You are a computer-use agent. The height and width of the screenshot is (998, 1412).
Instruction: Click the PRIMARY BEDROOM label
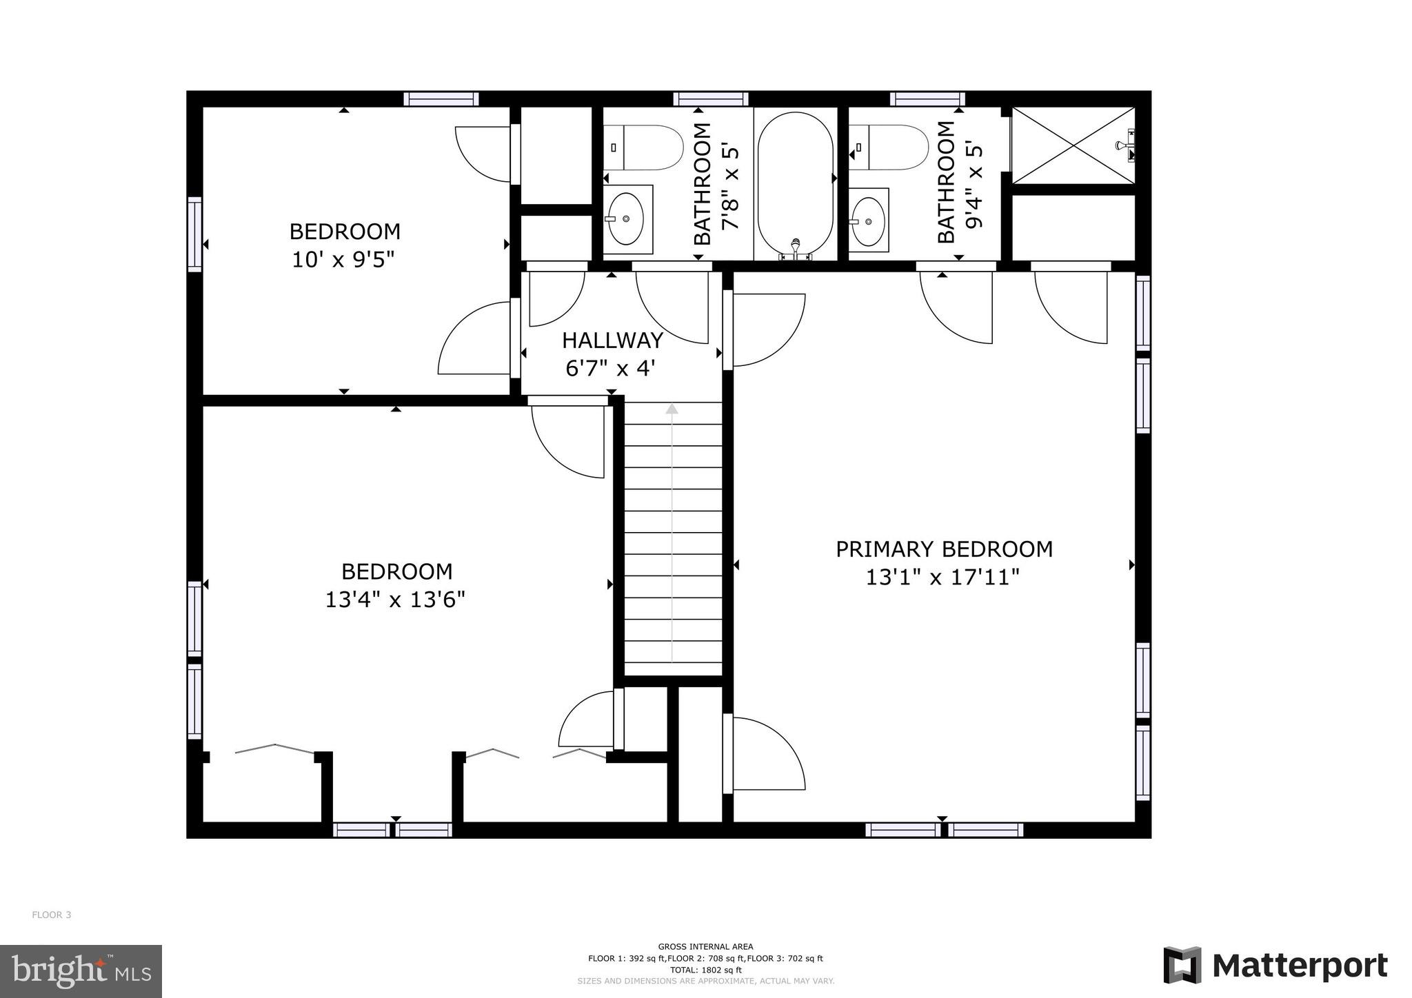[x=944, y=549]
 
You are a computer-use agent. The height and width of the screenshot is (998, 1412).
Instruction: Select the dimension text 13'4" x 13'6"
[x=395, y=600]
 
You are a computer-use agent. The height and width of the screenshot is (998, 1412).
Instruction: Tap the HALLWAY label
[x=612, y=340]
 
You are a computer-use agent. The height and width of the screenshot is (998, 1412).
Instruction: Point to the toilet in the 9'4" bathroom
[x=889, y=147]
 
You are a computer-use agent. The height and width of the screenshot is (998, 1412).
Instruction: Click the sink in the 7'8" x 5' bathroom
[x=627, y=218]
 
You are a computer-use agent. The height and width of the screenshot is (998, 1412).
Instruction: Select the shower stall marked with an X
[x=1072, y=145]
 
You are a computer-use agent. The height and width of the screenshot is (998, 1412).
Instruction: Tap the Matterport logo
[x=1275, y=966]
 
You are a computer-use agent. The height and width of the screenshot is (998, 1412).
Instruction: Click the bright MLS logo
[x=81, y=970]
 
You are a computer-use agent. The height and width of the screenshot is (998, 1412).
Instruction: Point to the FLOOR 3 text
[x=52, y=915]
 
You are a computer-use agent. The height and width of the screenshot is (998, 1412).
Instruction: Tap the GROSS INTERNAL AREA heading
[x=705, y=946]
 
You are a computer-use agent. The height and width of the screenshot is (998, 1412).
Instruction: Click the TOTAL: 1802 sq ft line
[x=705, y=970]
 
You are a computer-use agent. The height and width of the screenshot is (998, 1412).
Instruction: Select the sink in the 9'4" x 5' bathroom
[x=868, y=221]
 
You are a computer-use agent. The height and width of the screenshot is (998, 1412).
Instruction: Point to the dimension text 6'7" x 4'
[x=609, y=369]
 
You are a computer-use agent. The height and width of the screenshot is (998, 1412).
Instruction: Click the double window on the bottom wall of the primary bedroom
[x=943, y=830]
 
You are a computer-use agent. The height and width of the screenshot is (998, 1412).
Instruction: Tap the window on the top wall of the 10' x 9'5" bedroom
[x=441, y=99]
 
